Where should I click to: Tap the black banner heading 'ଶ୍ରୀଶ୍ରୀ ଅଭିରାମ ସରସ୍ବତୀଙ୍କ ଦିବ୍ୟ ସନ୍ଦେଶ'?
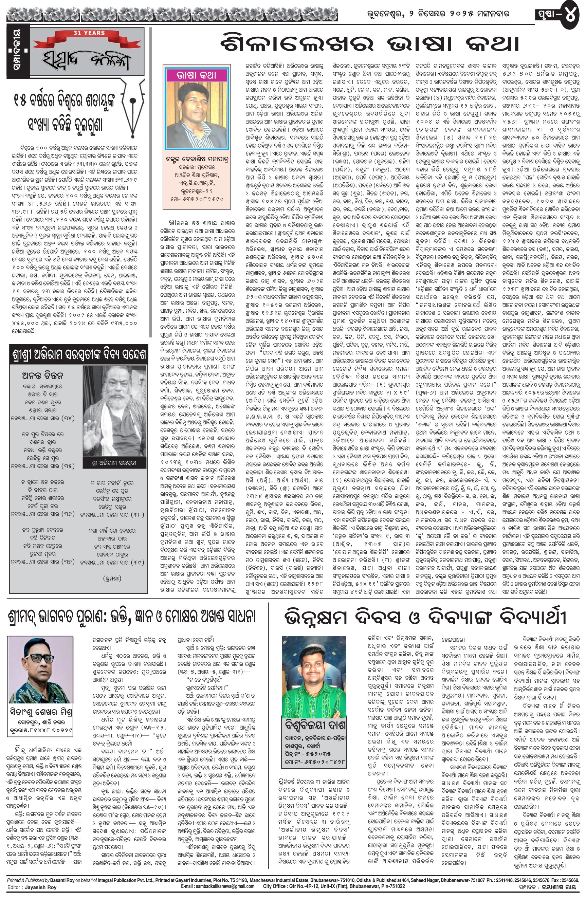pyautogui.click(x=78, y=355)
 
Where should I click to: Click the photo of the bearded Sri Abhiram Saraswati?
pyautogui.click(x=114, y=412)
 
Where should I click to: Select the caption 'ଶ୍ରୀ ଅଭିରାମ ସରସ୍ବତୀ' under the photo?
pyautogui.click(x=114, y=463)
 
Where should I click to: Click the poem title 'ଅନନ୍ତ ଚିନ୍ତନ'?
pyautogui.click(x=42, y=375)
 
